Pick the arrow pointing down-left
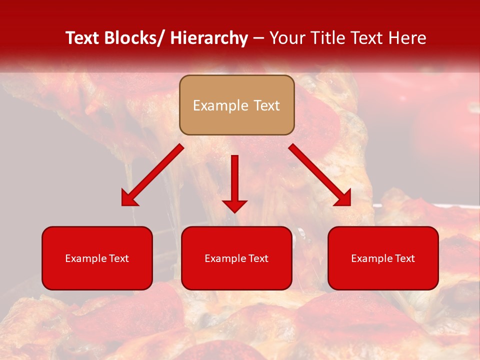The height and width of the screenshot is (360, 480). tap(152, 175)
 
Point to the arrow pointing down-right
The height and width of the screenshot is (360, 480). tap(320, 175)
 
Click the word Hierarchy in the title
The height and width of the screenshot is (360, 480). tap(209, 38)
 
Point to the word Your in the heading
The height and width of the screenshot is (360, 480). tap(286, 38)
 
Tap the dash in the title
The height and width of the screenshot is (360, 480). tap(258, 38)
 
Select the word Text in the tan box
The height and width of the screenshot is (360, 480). tap(265, 105)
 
